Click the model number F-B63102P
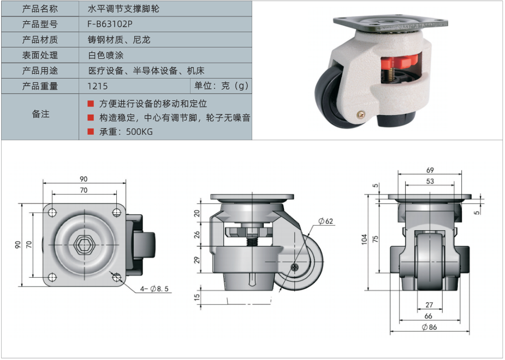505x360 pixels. (110, 24)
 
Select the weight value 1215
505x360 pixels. (97, 86)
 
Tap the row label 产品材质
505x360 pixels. (40, 40)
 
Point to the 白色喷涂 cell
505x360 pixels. (105, 55)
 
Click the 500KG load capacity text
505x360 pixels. (139, 132)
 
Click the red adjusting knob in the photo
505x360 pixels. (400, 62)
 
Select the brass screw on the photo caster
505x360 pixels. (361, 114)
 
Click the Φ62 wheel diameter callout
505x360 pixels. (325, 221)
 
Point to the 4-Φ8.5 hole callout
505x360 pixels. (155, 289)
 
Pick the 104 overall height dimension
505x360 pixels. (364, 239)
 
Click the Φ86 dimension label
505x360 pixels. (429, 327)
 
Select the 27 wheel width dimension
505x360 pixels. (429, 305)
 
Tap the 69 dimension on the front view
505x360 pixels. (430, 170)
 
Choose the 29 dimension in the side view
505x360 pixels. (197, 260)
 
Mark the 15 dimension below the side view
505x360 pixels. (197, 296)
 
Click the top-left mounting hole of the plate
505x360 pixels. (52, 213)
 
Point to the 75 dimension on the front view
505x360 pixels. (375, 239)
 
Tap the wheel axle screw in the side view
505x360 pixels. (295, 267)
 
